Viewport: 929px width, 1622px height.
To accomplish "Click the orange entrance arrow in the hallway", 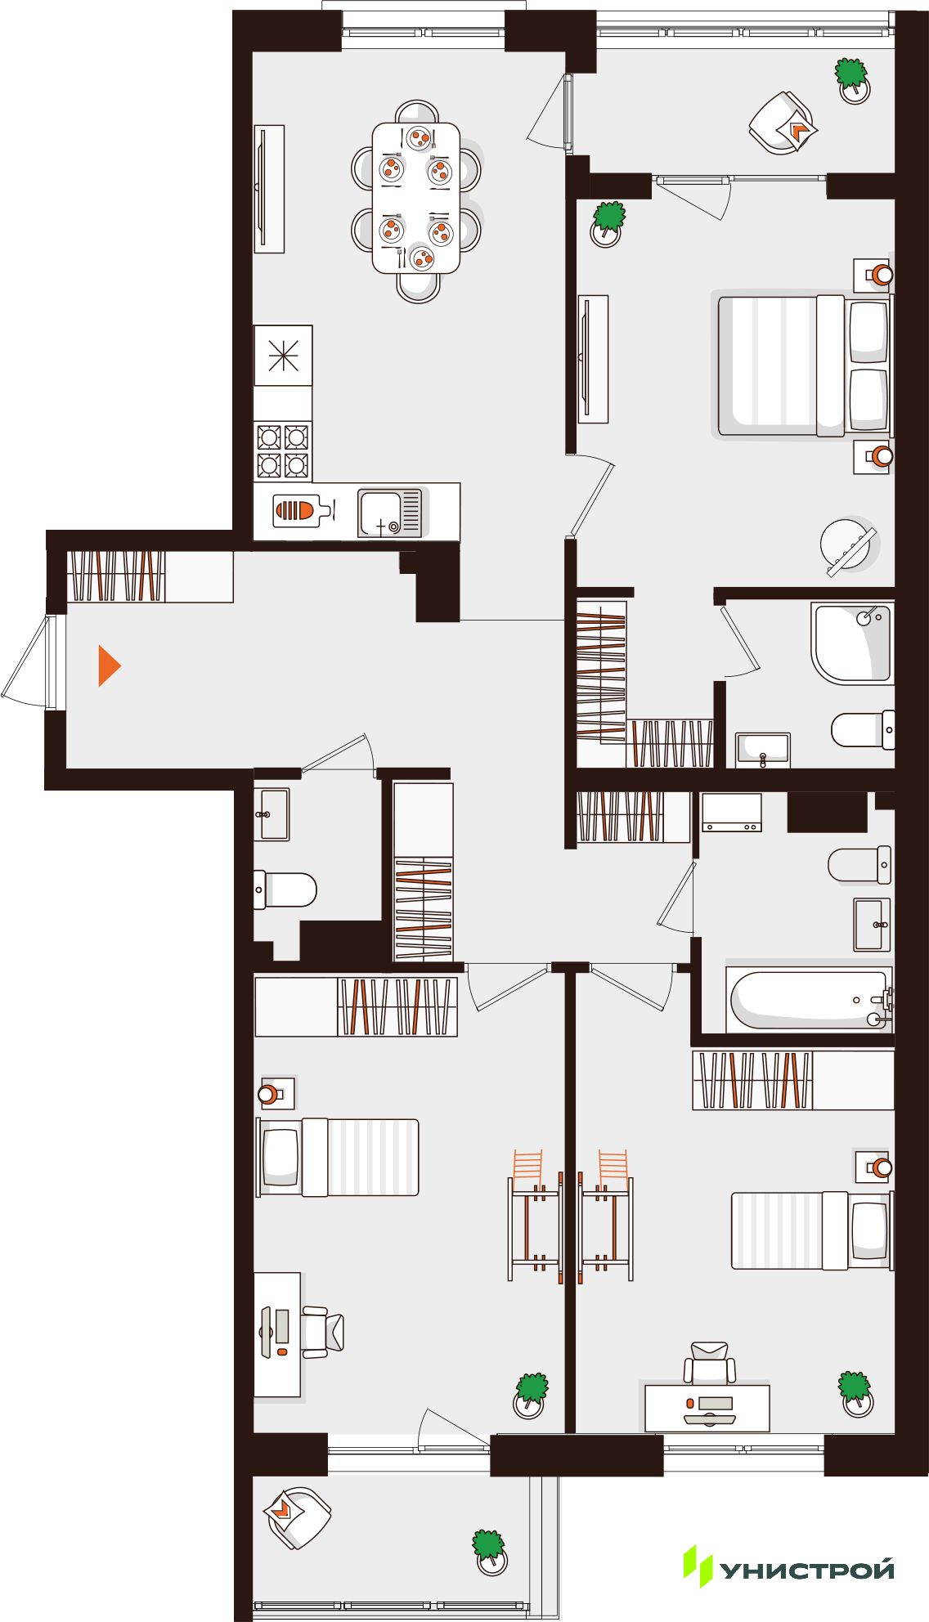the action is click(x=109, y=665).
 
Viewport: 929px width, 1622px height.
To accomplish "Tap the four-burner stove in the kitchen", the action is click(x=283, y=450).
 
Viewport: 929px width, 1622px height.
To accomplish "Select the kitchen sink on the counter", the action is click(x=390, y=513).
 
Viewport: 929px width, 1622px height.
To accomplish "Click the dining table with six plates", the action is click(x=416, y=198).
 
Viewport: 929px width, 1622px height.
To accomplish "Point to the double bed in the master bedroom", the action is click(x=805, y=365).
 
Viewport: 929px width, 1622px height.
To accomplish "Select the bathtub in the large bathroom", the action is click(x=810, y=999).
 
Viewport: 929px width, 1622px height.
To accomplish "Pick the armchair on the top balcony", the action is click(x=783, y=123).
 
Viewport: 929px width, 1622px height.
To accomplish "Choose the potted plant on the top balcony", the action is click(x=852, y=79).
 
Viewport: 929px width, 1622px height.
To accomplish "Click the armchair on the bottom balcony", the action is click(x=298, y=1517).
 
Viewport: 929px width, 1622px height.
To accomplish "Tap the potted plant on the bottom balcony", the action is click(x=489, y=1551).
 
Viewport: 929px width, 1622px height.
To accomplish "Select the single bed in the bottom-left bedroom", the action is click(x=338, y=1158).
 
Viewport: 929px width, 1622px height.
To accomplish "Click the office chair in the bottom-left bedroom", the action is click(x=323, y=1333).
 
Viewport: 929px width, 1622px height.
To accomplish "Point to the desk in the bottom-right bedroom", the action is click(x=707, y=1408).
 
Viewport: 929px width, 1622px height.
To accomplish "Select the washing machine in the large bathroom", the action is click(x=731, y=813).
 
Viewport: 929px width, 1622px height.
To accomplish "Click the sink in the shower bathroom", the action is click(x=762, y=749).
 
